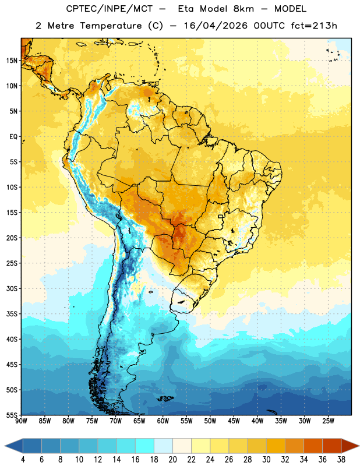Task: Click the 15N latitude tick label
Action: pyautogui.click(x=12, y=61)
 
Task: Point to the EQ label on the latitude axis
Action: pyautogui.click(x=13, y=137)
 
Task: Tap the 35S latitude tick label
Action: pyautogui.click(x=12, y=314)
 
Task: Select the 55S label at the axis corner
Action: pyautogui.click(x=12, y=415)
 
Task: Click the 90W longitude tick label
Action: pyautogui.click(x=21, y=421)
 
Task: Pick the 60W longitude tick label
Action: pyautogui.click(x=163, y=421)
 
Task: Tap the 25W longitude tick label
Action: pyautogui.click(x=328, y=421)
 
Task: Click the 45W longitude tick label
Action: pyautogui.click(x=234, y=421)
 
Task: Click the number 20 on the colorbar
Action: pyautogui.click(x=172, y=460)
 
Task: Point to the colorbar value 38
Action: pyautogui.click(x=341, y=460)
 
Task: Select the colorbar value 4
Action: pyautogui.click(x=23, y=460)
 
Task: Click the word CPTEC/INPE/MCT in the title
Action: pyautogui.click(x=110, y=9)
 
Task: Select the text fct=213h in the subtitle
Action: pyautogui.click(x=314, y=26)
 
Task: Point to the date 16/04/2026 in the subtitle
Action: pyautogui.click(x=216, y=26)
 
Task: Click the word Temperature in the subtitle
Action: pyautogui.click(x=111, y=26)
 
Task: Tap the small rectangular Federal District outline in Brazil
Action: pyautogui.click(x=221, y=216)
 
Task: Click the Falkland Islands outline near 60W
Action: pyautogui.click(x=165, y=398)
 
